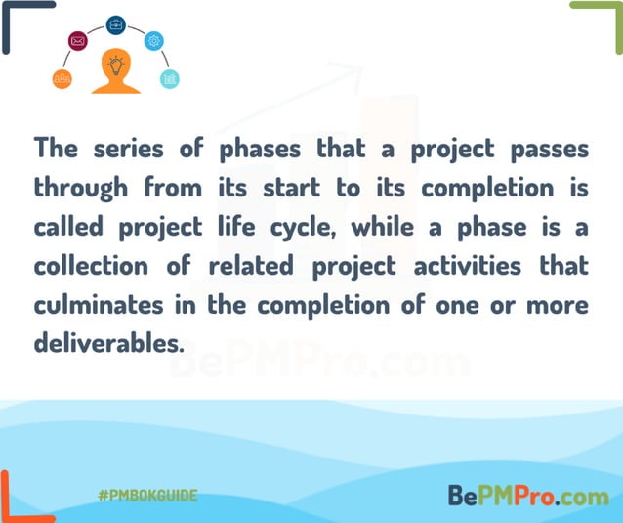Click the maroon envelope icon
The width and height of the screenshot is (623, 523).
tap(78, 41)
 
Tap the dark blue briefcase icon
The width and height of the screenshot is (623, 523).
tap(116, 24)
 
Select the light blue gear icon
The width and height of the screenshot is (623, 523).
tap(154, 41)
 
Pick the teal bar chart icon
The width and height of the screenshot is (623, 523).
tap(170, 79)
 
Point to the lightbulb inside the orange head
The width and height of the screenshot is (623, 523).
tap(116, 66)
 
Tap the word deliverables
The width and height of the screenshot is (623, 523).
tap(96, 343)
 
